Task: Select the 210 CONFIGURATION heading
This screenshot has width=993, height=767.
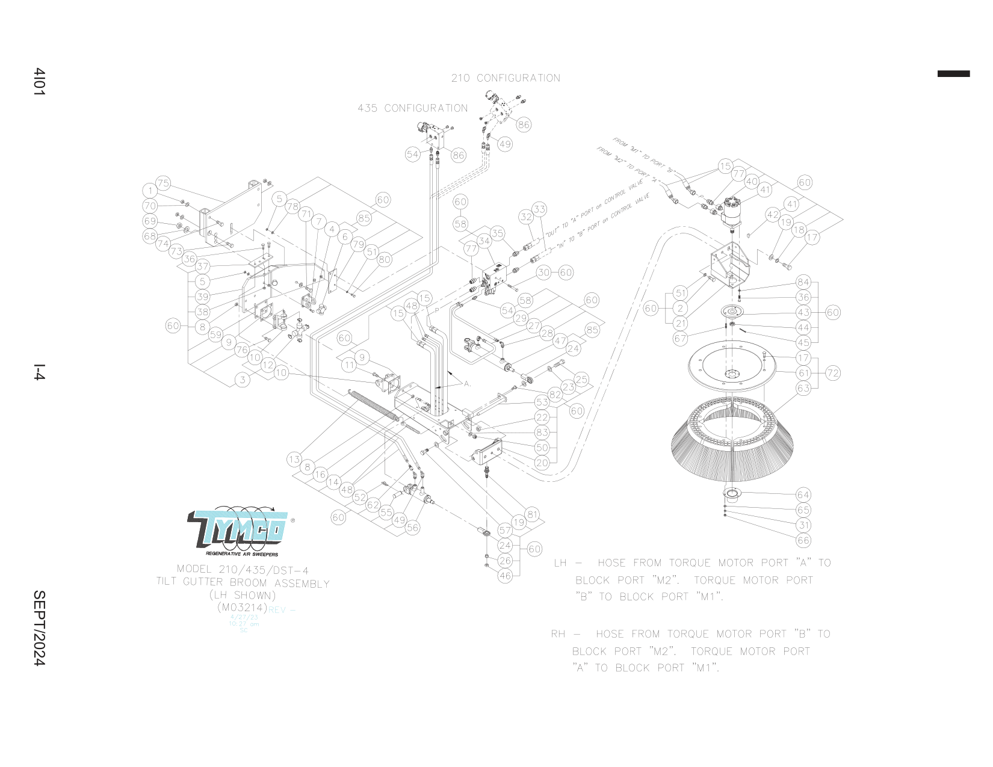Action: point(506,78)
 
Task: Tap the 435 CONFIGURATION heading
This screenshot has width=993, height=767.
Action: point(412,108)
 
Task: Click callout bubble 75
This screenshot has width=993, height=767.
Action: point(163,183)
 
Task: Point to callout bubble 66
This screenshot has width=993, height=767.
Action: point(803,540)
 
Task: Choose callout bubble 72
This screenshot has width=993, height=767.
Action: point(832,373)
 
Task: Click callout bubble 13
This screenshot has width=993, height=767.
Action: point(294,460)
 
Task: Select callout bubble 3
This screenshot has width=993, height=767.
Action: point(243,380)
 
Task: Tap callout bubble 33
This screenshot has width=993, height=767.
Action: point(539,209)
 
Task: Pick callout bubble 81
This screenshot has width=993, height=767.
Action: point(532,514)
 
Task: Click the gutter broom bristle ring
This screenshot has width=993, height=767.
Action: point(731,442)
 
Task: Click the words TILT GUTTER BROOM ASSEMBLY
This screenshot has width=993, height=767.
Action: point(243,582)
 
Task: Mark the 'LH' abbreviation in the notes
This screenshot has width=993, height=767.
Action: point(560,563)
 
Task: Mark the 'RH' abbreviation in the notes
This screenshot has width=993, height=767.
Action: point(558,634)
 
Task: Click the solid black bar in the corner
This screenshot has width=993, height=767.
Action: point(953,74)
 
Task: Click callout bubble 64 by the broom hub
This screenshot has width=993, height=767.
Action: point(803,494)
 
